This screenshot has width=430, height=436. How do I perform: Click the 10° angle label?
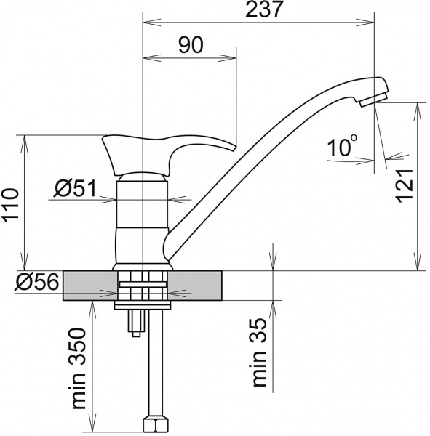coord(342,148)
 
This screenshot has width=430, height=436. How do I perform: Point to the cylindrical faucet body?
coord(143,218)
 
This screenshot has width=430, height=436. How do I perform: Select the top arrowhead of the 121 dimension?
coord(418,106)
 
